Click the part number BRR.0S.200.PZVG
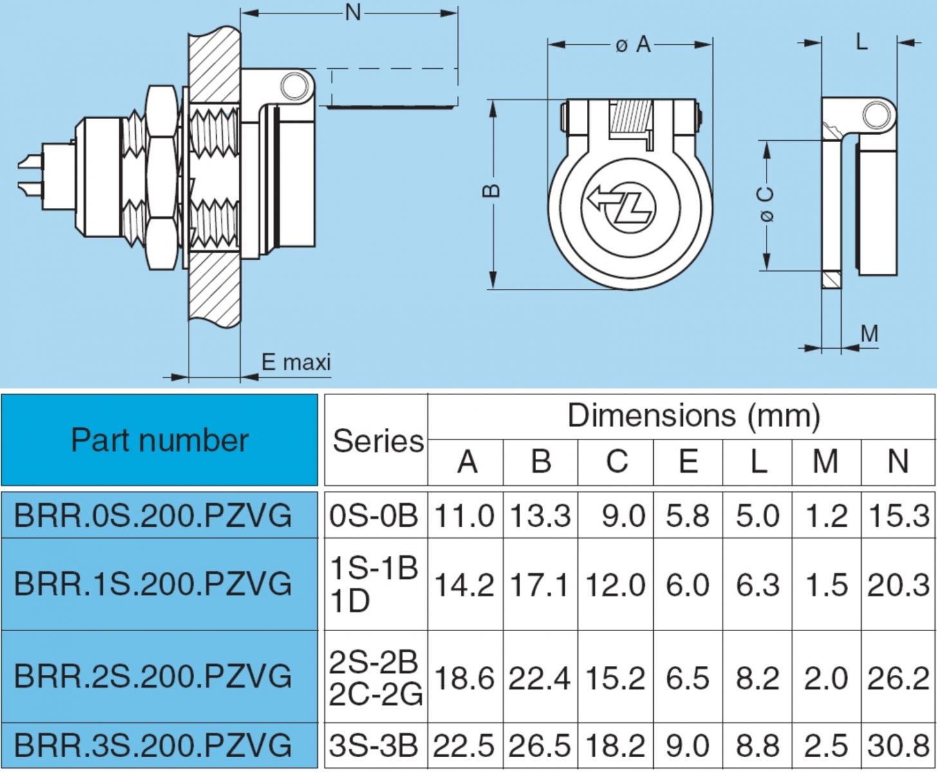coord(153,515)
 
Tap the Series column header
coord(377,441)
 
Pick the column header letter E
coord(687,461)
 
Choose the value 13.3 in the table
coord(541,515)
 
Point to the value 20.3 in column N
coord(898,585)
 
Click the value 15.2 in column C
coord(615,677)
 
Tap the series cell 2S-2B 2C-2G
coord(376,677)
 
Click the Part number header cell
coord(159,440)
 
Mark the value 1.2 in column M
coord(826,515)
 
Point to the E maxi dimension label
coord(296,362)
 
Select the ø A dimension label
coord(633,44)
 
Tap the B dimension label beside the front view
coord(492,192)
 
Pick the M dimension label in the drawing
coord(869,333)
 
